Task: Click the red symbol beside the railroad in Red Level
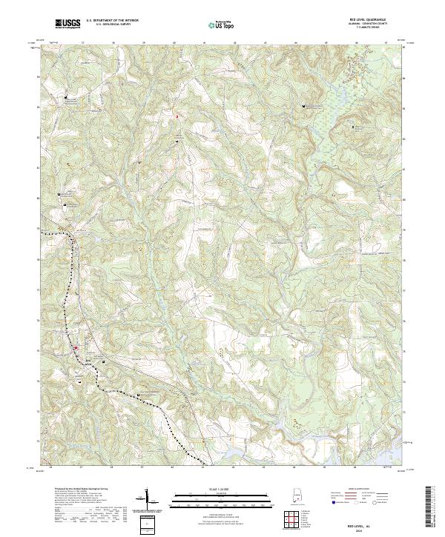pos(75,348)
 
